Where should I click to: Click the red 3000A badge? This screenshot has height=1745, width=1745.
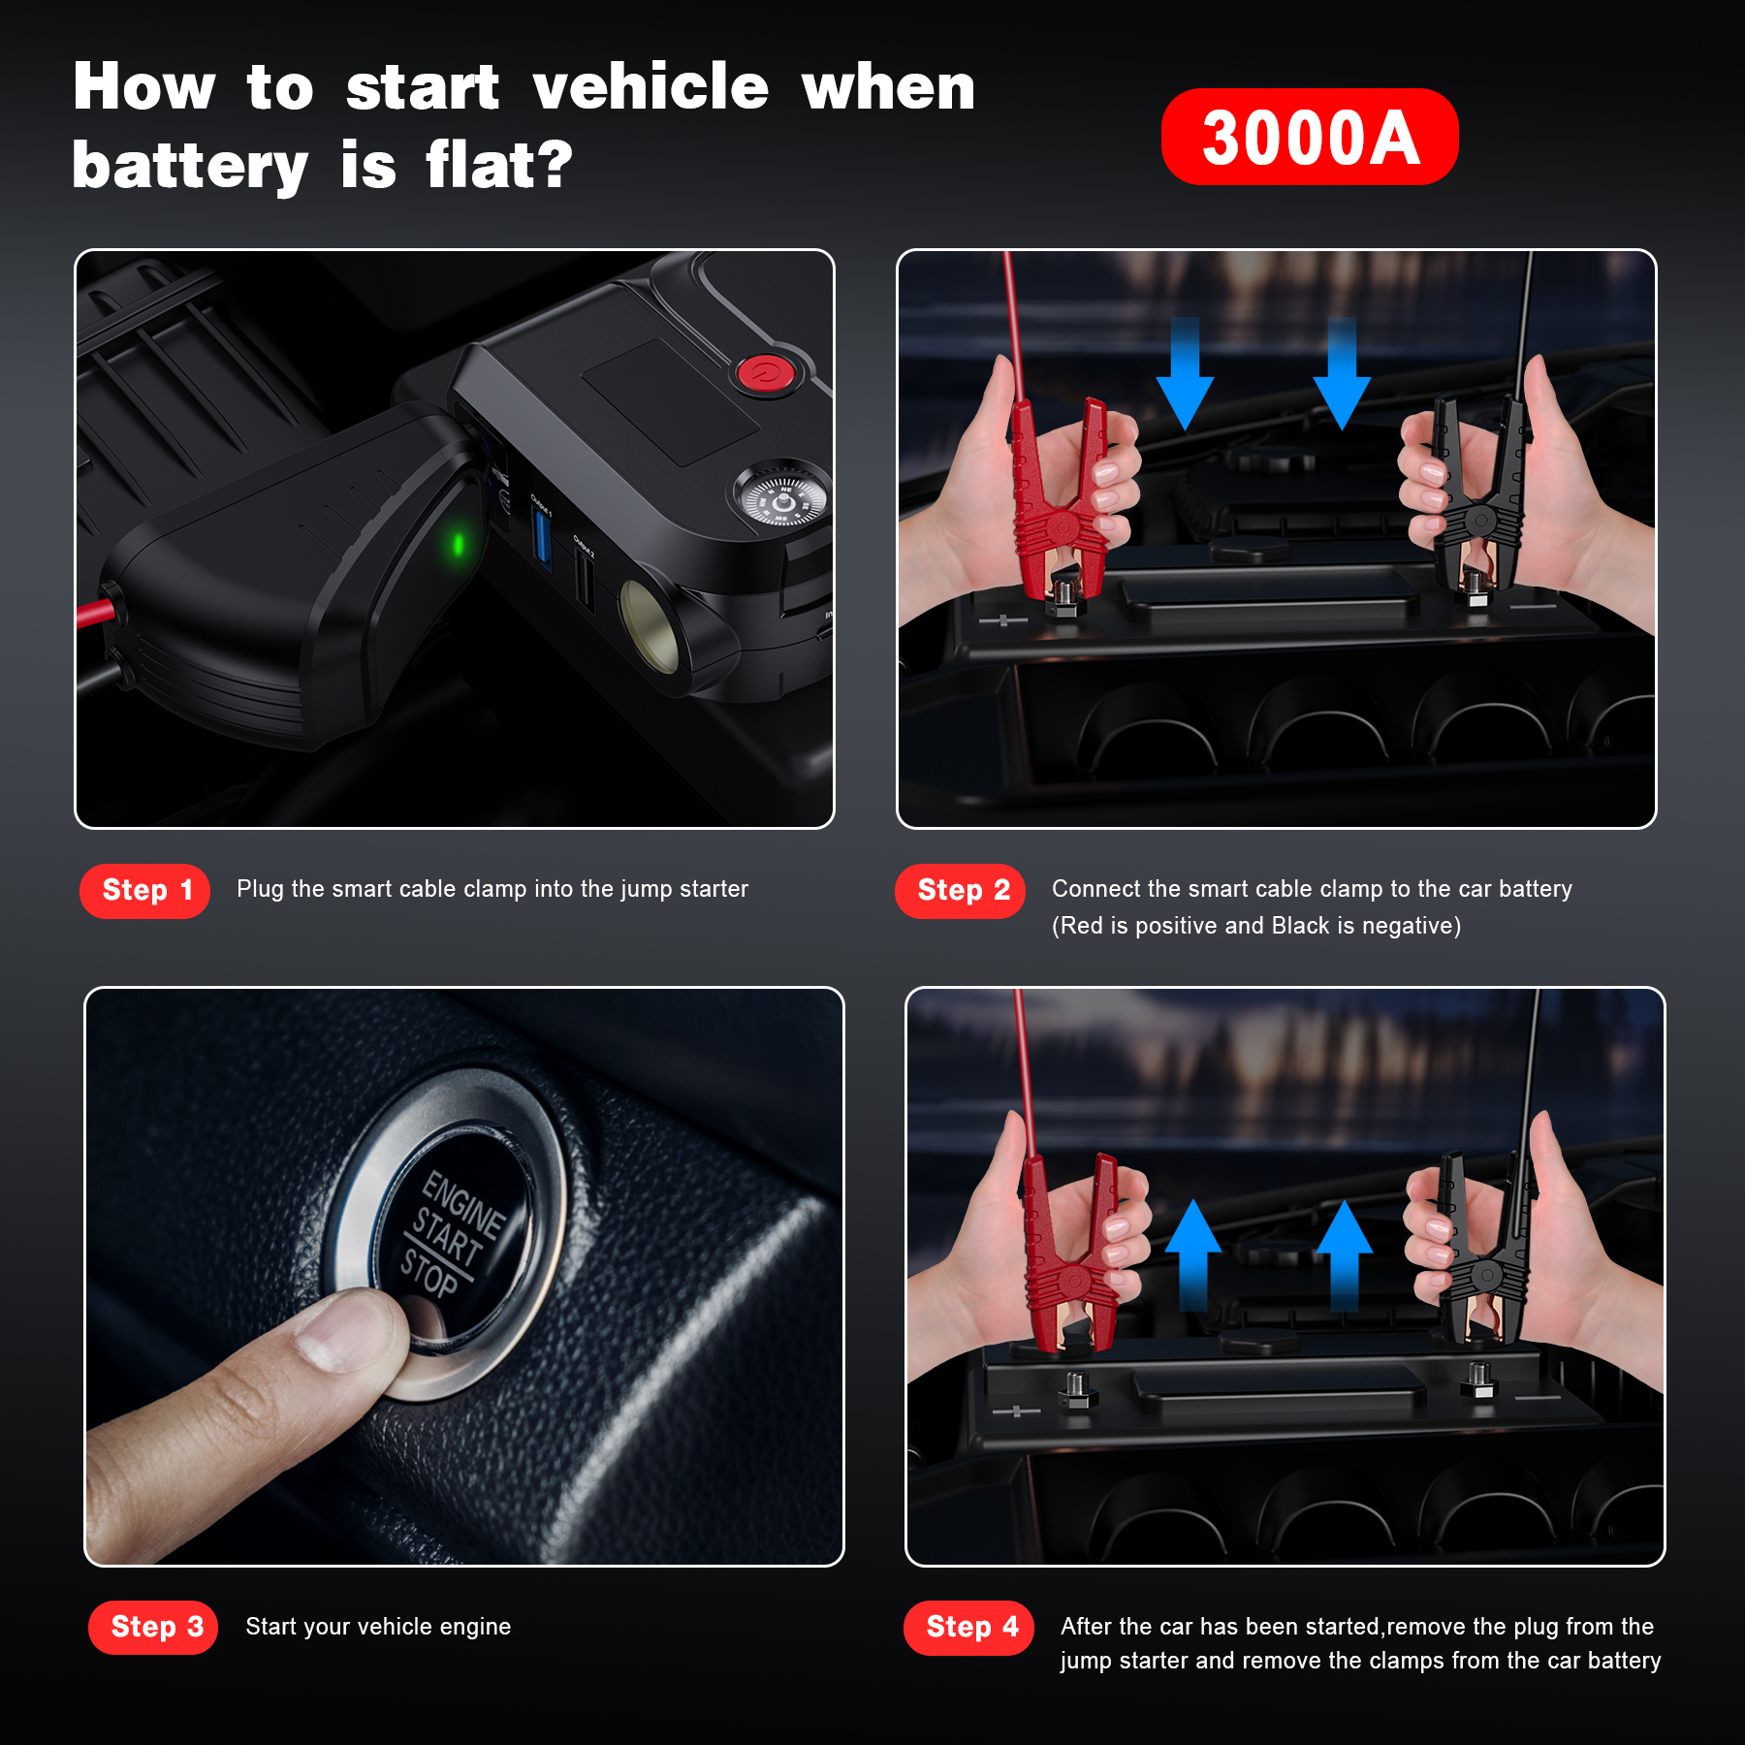click(1310, 137)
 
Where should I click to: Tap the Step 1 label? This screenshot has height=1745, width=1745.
click(145, 890)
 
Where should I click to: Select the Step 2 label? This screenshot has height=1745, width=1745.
click(961, 890)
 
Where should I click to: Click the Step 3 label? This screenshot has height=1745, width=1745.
click(153, 1627)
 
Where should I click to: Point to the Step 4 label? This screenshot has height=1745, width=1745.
click(968, 1627)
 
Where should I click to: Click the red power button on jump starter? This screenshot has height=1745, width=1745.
click(766, 373)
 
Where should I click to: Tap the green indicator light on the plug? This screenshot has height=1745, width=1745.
click(459, 544)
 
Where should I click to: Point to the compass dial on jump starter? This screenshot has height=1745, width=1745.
click(781, 498)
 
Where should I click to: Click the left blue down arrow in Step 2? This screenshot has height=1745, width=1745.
click(1185, 374)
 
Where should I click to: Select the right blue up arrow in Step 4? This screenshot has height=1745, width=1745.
click(1344, 1255)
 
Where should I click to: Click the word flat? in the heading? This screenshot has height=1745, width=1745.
click(499, 164)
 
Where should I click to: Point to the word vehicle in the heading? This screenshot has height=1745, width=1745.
click(650, 86)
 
